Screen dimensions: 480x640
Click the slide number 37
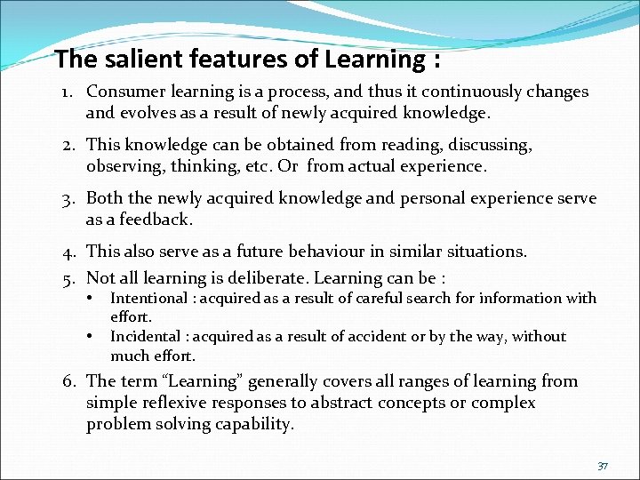pyautogui.click(x=603, y=465)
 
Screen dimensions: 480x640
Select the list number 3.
pyautogui.click(x=68, y=198)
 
